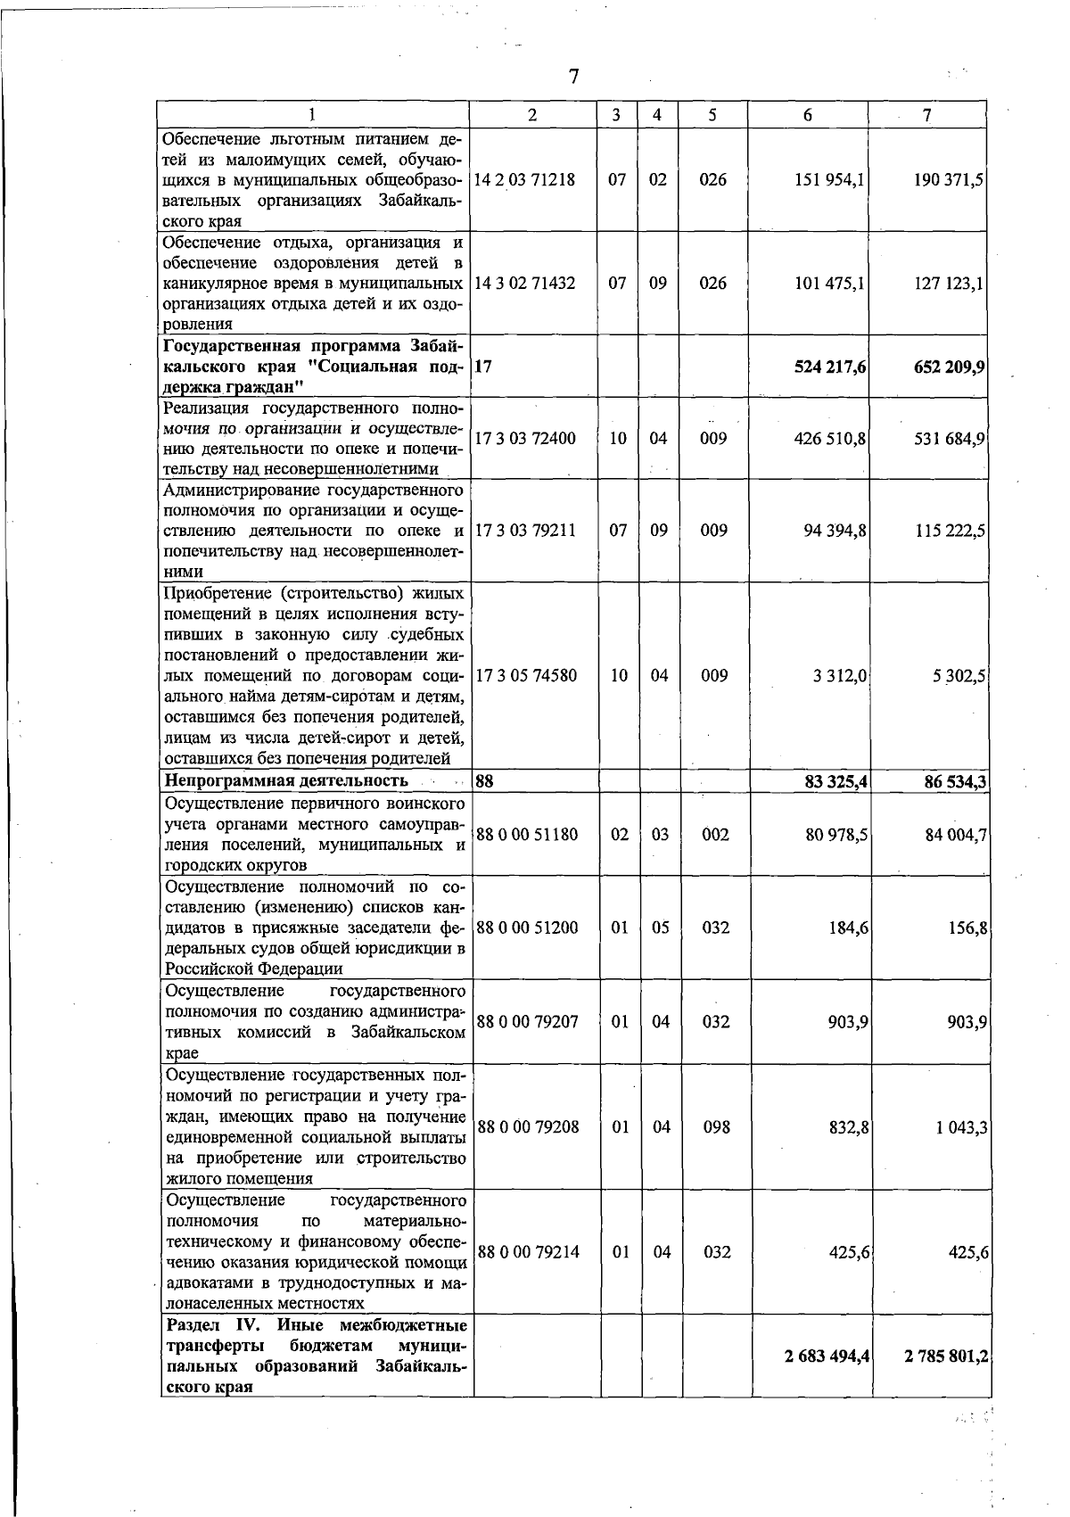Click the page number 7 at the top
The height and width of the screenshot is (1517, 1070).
point(574,77)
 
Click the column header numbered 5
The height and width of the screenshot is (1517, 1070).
point(712,115)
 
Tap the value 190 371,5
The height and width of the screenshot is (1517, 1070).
point(949,179)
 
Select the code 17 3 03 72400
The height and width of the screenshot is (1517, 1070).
point(525,439)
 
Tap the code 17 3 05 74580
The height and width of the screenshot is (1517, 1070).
point(526,676)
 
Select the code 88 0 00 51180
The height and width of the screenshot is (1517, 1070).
point(528,835)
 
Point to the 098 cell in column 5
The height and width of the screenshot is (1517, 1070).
point(716,1127)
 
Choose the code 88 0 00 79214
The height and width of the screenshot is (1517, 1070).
point(529,1252)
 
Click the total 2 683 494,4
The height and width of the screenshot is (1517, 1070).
point(827,1356)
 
